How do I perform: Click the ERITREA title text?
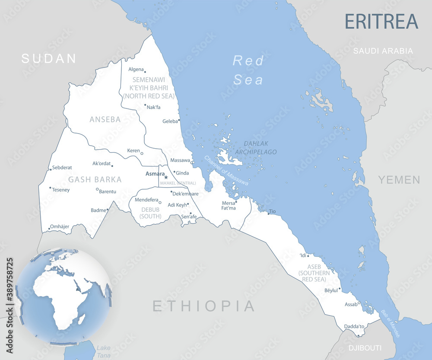(x=381, y=21)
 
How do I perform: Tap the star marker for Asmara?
(x=166, y=177)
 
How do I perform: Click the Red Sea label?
(x=248, y=70)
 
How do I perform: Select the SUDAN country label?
(x=49, y=58)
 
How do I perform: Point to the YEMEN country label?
(x=399, y=180)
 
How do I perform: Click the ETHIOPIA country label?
(x=204, y=306)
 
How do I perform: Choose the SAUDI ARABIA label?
(x=383, y=51)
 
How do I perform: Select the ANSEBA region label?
(x=105, y=120)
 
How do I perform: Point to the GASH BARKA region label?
(x=95, y=179)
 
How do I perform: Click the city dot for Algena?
(x=145, y=72)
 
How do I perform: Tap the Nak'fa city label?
(x=153, y=107)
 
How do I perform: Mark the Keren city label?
(x=133, y=151)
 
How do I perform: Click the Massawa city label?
(x=180, y=160)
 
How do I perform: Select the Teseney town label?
(x=61, y=190)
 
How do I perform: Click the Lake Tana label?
(x=104, y=351)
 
